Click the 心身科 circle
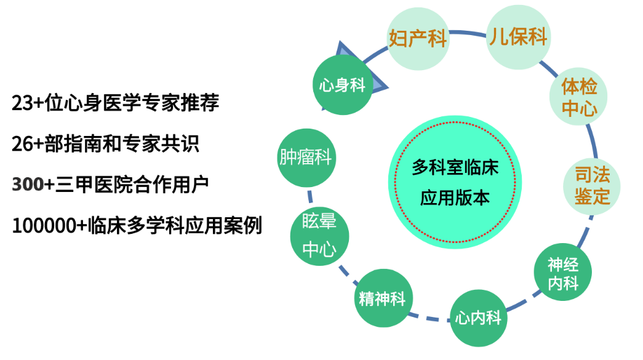342,85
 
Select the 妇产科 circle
418,39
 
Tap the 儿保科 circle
518,37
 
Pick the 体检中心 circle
578,97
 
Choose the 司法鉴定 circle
592,186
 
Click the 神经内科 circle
562,272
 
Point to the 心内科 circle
479,318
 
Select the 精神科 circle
383,298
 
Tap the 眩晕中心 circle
319,236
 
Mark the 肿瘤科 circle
306,158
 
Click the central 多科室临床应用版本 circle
455,182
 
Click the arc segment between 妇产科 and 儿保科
468,33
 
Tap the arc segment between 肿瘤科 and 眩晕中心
310,197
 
